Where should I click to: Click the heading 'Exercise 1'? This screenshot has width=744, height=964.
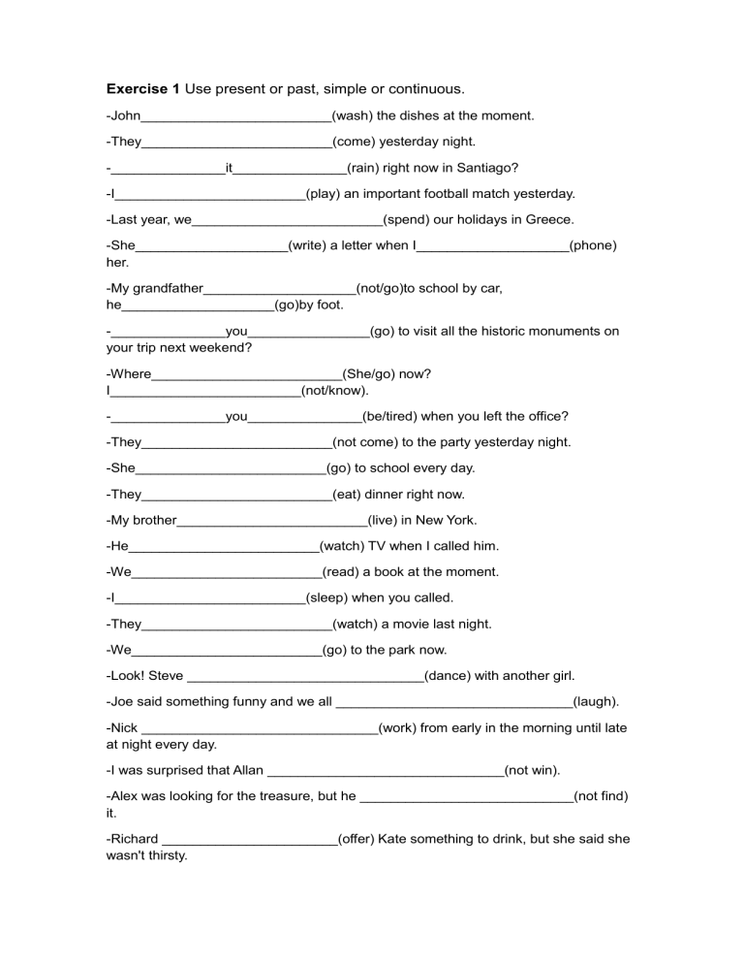click(142, 89)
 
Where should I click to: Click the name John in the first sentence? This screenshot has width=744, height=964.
click(126, 115)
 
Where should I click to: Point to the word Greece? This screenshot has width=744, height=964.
click(548, 219)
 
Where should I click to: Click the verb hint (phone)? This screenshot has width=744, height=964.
click(593, 245)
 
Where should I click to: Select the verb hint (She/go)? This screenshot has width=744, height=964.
click(373, 373)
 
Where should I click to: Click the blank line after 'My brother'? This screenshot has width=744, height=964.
click(272, 522)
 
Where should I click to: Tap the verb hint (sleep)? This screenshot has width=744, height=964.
click(326, 597)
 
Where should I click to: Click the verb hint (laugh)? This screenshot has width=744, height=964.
click(596, 701)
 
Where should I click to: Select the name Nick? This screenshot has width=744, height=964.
click(123, 727)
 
